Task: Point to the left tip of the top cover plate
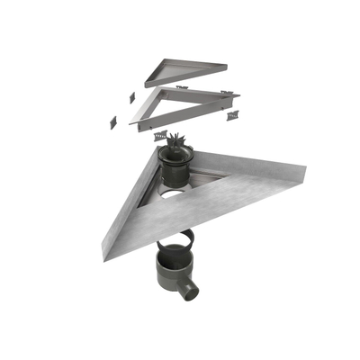[147, 85]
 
